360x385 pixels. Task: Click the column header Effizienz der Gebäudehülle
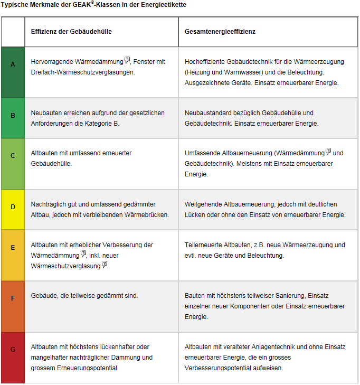71,32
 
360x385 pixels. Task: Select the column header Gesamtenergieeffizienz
220,32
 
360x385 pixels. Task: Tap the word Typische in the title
15,5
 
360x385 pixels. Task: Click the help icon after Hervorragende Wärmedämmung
127,60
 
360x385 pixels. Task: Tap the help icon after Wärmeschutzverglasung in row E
105,264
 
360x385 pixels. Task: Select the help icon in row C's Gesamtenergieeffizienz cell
328,152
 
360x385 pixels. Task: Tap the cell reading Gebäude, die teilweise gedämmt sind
84,296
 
